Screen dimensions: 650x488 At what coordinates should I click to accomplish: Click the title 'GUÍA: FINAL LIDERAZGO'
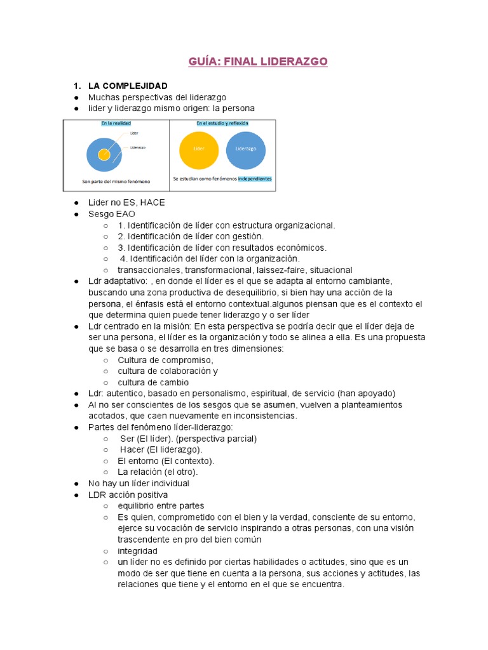[x=257, y=62]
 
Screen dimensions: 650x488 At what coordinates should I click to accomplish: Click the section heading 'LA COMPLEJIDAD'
[x=128, y=86]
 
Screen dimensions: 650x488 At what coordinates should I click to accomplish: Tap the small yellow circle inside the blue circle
[x=104, y=154]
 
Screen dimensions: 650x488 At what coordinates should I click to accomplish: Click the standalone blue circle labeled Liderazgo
[x=246, y=149]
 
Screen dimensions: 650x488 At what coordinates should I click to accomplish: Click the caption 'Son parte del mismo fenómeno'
[x=116, y=181]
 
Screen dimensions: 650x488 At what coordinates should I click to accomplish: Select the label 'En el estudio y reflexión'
[x=222, y=123]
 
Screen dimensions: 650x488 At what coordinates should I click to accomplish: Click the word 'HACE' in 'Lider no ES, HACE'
[x=152, y=202]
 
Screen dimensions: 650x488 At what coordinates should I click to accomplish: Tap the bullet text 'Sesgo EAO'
[x=112, y=214]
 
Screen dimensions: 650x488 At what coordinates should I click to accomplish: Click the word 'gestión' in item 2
[x=248, y=236]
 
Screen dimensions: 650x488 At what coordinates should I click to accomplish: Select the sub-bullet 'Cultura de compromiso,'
[x=165, y=360]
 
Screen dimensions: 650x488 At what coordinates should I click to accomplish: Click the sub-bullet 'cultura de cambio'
[x=153, y=382]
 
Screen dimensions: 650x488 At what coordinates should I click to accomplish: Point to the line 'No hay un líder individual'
[x=139, y=483]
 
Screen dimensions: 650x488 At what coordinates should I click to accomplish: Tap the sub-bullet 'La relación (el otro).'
[x=158, y=472]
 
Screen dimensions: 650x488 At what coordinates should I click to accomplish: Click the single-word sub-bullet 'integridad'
[x=137, y=551]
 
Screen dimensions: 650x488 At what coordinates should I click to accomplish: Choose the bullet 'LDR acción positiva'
[x=128, y=494]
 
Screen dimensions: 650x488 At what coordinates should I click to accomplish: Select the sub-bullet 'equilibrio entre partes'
[x=161, y=506]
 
